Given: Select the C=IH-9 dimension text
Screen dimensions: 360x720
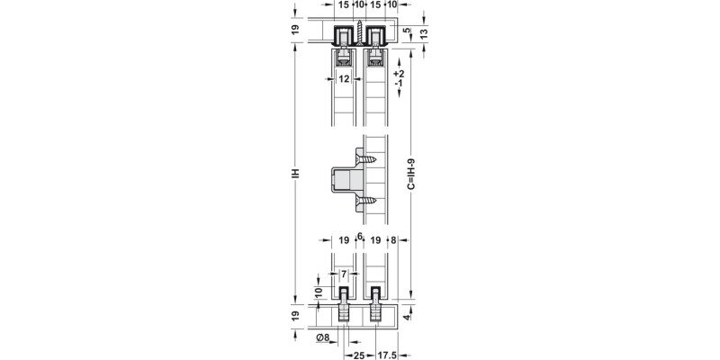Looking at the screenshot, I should pyautogui.click(x=411, y=172).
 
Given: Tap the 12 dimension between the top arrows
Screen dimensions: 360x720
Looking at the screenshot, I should pyautogui.click(x=344, y=79).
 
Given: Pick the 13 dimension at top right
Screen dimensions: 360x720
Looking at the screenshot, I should pyautogui.click(x=423, y=33).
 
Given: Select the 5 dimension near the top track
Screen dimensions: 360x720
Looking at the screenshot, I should pyautogui.click(x=407, y=30).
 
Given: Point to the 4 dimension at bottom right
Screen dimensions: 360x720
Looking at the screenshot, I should pyautogui.click(x=407, y=317).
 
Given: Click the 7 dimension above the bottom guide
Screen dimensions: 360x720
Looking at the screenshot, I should pyautogui.click(x=344, y=273).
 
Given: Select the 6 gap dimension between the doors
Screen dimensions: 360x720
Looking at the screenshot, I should pyautogui.click(x=360, y=237).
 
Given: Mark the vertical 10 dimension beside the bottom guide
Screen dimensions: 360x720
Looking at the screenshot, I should pyautogui.click(x=318, y=292).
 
